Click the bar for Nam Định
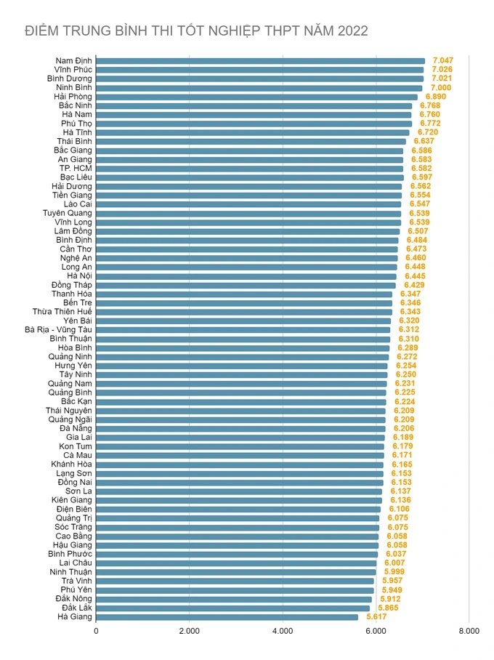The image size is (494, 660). coord(260,60)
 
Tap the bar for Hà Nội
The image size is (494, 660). coord(246,276)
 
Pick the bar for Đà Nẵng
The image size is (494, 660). coord(240,428)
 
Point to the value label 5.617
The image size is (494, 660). coord(376,616)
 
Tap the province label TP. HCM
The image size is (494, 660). coord(76,168)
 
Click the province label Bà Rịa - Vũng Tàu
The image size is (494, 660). coord(59,329)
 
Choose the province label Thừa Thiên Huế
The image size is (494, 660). coord(62,311)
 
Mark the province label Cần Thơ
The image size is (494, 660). coord(76,249)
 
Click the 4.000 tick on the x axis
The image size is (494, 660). coord(282,631)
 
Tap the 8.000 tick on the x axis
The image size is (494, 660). coord(469,631)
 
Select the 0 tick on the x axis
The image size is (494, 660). coord(96,631)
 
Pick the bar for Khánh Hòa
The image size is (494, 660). coord(240,464)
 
